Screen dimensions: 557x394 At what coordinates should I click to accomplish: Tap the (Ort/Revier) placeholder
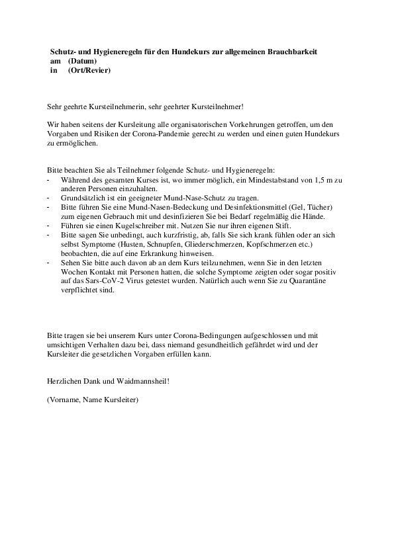pyautogui.click(x=89, y=69)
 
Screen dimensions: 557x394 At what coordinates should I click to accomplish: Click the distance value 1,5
pyautogui.click(x=336, y=180)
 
